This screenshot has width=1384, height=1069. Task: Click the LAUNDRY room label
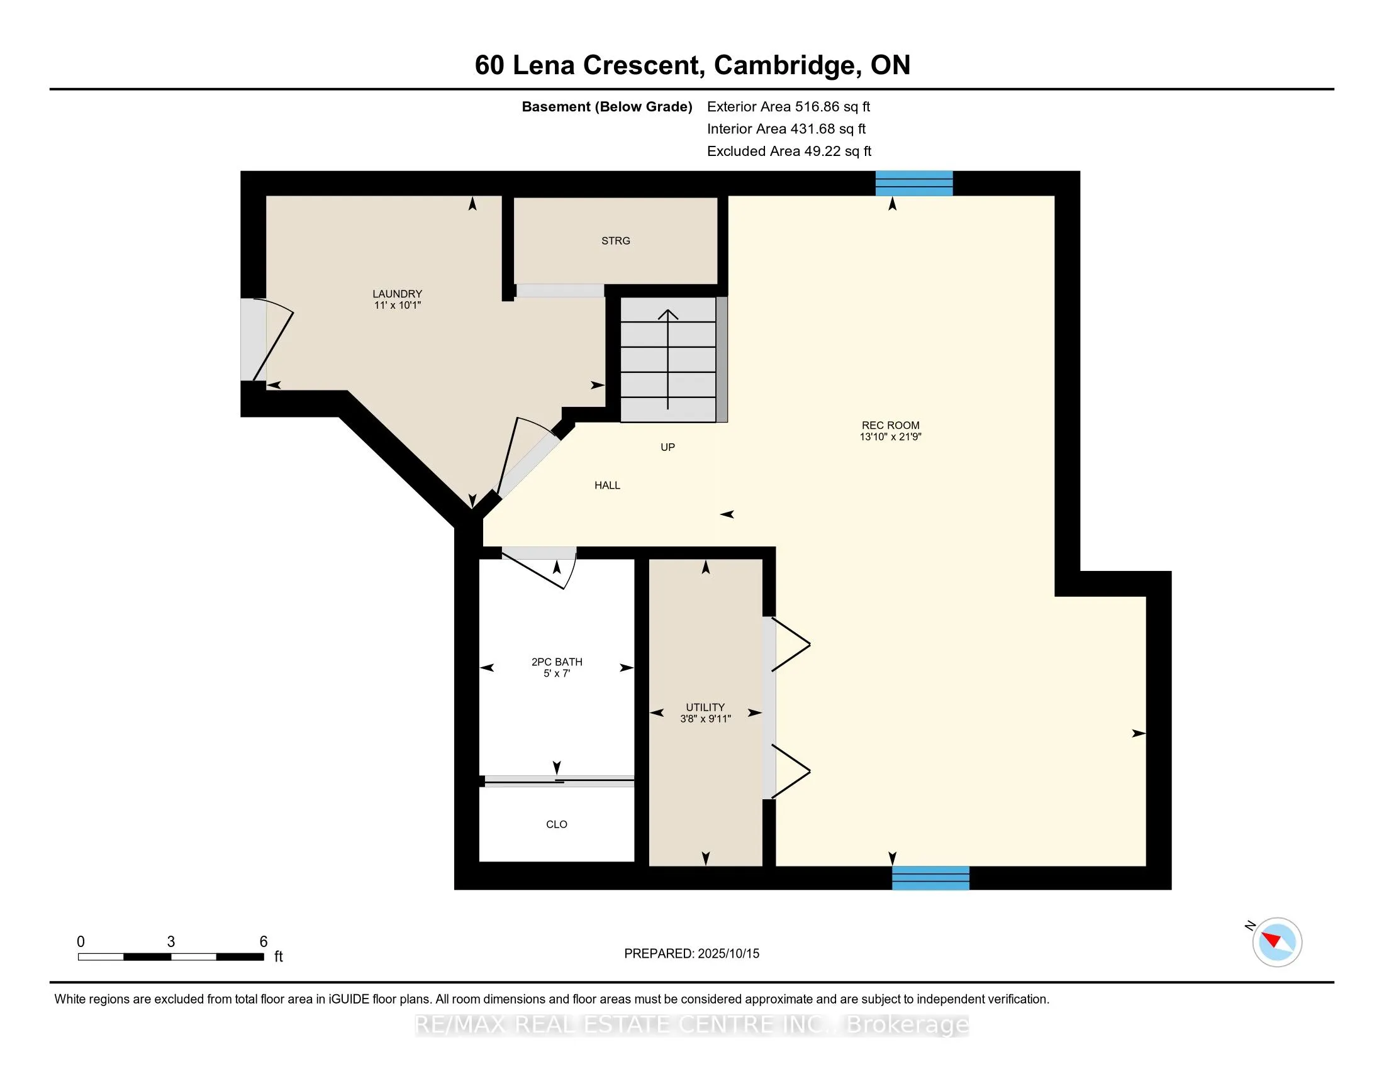click(x=398, y=294)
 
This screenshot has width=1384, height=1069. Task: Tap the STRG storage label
click(x=616, y=241)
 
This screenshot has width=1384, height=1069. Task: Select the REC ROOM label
click(x=890, y=426)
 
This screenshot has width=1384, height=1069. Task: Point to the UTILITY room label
click(x=705, y=707)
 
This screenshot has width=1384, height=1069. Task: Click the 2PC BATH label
click(x=557, y=662)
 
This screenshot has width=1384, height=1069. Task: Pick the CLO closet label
click(x=556, y=824)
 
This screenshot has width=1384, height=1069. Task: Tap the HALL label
click(x=607, y=485)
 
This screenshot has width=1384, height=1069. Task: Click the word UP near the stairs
click(x=668, y=447)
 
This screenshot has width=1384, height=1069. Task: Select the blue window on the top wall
click(x=914, y=183)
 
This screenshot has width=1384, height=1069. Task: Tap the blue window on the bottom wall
click(x=931, y=878)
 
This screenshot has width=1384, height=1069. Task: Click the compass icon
click(x=1276, y=942)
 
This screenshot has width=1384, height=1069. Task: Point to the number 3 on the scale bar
click(x=171, y=942)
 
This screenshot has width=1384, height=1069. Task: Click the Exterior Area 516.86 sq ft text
click(x=789, y=106)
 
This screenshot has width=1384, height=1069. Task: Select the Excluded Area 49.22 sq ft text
click(x=790, y=151)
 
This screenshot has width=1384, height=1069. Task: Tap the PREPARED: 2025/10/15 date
click(x=691, y=953)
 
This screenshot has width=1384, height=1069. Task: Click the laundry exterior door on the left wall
click(x=267, y=340)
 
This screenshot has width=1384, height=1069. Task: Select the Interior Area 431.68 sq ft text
click(x=786, y=128)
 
